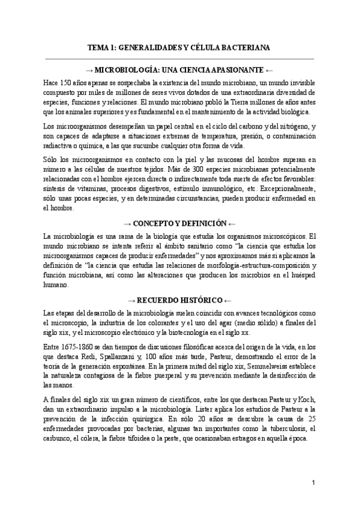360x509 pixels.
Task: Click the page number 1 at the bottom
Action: tap(313, 483)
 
